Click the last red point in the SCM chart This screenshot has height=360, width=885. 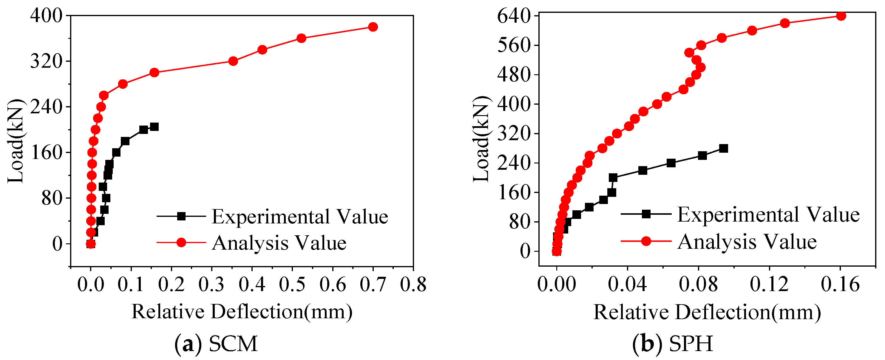coord(373,27)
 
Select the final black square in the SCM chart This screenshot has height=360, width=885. coord(154,127)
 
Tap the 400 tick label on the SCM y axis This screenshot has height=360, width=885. coord(46,16)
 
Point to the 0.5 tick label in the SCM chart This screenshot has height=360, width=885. coord(292,285)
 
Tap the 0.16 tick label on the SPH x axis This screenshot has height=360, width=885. coord(840,285)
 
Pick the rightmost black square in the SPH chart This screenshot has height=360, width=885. coord(724,149)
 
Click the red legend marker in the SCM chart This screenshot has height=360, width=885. coord(181,242)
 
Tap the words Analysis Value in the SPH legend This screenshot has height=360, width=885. coord(747,242)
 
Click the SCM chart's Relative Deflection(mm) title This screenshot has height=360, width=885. coord(242,312)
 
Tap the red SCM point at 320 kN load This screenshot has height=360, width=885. coord(233,61)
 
